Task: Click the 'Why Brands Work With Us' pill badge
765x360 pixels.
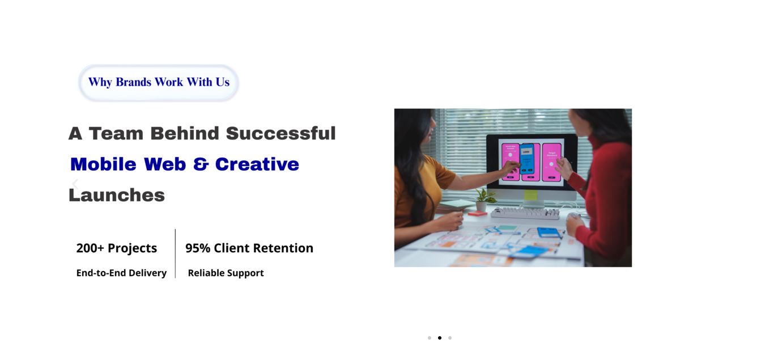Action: point(159,83)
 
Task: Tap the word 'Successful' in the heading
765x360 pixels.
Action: point(280,133)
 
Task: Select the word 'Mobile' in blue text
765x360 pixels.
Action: point(103,164)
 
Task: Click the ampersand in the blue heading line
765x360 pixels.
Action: point(201,164)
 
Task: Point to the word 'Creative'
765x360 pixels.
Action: point(257,164)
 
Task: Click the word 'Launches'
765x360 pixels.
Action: point(117,195)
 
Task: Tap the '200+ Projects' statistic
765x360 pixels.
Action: point(117,248)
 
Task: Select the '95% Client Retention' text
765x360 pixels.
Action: point(249,248)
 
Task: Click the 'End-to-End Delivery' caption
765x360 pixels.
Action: point(121,273)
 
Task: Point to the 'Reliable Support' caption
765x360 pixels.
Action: point(226,273)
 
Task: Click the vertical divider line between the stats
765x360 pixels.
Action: point(175,253)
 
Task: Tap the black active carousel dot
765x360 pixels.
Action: point(440,338)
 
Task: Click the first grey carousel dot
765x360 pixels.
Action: point(430,338)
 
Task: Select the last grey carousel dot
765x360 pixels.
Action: point(450,338)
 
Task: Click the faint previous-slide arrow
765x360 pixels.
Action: point(75,184)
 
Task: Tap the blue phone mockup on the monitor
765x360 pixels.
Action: point(527,159)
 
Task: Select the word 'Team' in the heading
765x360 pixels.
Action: point(116,133)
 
